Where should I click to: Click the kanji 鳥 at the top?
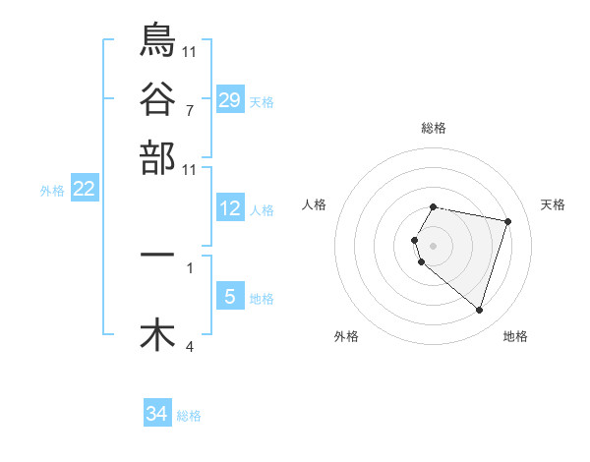coord(157,39)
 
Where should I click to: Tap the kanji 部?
coord(157,157)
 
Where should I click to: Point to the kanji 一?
coord(157,255)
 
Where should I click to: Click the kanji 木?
coord(157,334)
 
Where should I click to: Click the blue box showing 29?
coord(229,99)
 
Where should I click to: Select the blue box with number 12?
coord(229,208)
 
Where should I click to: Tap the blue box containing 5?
coord(229,297)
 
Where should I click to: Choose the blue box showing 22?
coord(84,189)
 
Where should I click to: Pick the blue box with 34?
coord(156,414)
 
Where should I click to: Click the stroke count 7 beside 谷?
coord(189,110)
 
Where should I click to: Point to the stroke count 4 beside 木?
coord(189,346)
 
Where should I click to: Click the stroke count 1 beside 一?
coord(189,266)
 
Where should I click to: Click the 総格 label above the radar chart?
coord(434,128)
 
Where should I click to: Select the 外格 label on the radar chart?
coord(346,336)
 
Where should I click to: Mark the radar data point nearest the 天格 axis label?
coord(507,221)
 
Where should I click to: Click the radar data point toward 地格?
coord(479,311)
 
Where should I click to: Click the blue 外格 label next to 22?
coord(51,191)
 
